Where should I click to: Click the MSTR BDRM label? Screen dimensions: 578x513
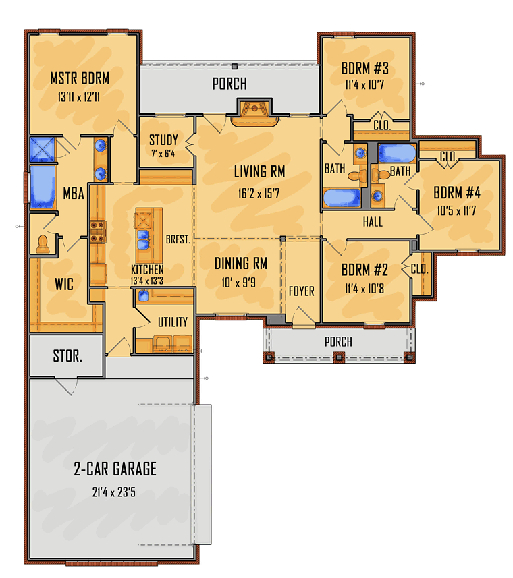(80, 79)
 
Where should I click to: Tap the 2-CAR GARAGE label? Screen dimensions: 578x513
(115, 468)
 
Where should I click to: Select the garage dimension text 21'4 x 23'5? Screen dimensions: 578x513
(115, 492)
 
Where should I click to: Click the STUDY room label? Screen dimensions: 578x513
(164, 140)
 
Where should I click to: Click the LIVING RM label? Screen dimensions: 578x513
(259, 172)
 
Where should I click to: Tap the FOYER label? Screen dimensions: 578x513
(301, 291)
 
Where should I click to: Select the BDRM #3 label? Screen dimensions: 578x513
(364, 68)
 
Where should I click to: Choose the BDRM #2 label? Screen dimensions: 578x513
(364, 270)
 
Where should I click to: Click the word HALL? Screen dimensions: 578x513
(372, 221)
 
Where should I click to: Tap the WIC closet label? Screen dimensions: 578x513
(64, 285)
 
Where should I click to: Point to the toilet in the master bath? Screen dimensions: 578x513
(43, 243)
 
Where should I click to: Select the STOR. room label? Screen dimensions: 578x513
(67, 355)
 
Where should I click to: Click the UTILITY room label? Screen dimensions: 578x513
(173, 322)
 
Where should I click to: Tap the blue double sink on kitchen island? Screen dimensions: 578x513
(143, 235)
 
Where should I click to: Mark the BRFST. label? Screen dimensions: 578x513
(178, 239)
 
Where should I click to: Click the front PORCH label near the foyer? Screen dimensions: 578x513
(338, 341)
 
